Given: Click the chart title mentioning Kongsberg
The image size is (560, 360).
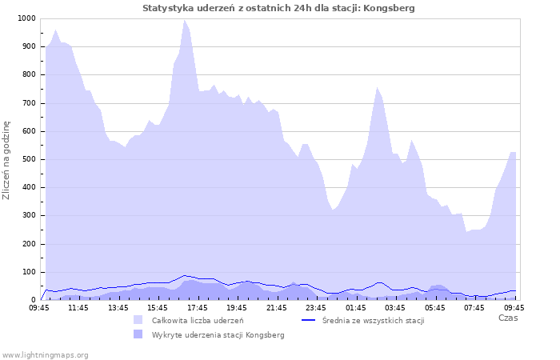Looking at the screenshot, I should coord(278,8).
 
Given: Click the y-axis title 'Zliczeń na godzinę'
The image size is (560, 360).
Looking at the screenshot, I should coord(7,159).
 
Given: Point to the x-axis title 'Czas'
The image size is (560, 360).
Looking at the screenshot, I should coord(507,318).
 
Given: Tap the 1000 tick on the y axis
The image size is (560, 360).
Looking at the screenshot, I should coord(26,18).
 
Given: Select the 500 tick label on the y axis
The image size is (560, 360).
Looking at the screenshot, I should coord(28,159).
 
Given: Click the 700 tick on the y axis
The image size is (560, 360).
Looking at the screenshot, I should coord(28,103).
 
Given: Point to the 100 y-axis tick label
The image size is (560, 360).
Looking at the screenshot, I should coord(28,272).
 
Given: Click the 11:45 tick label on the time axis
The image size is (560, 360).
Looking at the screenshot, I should coord(78,307).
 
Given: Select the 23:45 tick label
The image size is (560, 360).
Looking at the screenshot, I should coord(316,307).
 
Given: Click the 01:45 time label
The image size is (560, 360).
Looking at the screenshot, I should coord(356,307).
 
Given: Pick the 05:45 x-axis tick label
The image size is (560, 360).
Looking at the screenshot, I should coord(435,307).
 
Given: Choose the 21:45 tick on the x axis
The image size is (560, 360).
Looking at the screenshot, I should coord(277,307).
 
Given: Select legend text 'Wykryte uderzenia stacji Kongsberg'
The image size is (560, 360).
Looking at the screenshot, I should coord(218,334).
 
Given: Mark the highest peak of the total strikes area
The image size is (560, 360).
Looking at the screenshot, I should coord(185,20).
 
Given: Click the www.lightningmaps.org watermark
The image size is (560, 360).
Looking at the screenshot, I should coord(46,354).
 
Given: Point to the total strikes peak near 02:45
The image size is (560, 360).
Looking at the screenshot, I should coord(377,87).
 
